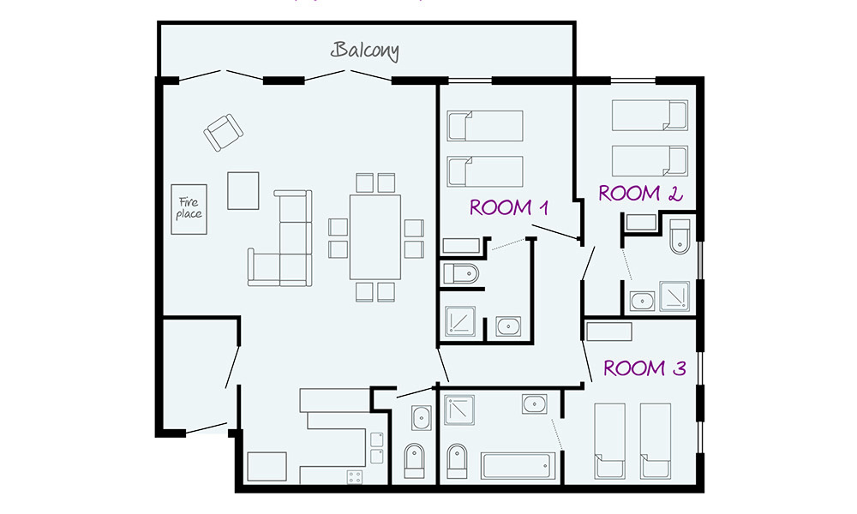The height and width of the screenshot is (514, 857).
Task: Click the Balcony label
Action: tap(364, 51)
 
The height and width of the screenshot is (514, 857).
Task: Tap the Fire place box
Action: tap(189, 209)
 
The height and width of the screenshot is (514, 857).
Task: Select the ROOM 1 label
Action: tap(509, 207)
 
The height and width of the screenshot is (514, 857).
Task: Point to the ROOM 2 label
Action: tap(640, 194)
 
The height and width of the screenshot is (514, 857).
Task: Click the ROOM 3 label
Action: tap(644, 368)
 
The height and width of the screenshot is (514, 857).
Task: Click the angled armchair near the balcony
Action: tap(224, 132)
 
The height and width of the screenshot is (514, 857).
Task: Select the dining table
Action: tap(375, 237)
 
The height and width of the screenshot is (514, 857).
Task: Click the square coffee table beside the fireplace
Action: tap(243, 191)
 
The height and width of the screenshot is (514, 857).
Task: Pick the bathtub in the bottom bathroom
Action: tap(518, 465)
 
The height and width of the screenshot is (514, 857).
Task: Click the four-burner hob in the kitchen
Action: tap(354, 477)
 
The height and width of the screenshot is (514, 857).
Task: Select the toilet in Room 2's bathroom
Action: tap(680, 236)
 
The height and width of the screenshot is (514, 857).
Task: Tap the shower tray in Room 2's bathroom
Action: tap(674, 296)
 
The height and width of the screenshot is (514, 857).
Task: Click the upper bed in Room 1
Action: tap(485, 126)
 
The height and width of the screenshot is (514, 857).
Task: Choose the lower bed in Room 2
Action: tap(650, 160)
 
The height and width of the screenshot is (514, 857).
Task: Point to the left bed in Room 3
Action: tap(609, 441)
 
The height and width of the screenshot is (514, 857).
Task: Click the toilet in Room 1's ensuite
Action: tap(461, 273)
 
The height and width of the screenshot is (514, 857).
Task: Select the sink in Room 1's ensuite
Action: tap(508, 326)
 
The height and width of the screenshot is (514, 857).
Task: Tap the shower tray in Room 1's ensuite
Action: tap(459, 320)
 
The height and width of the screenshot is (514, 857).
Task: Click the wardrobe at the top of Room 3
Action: tap(608, 332)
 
